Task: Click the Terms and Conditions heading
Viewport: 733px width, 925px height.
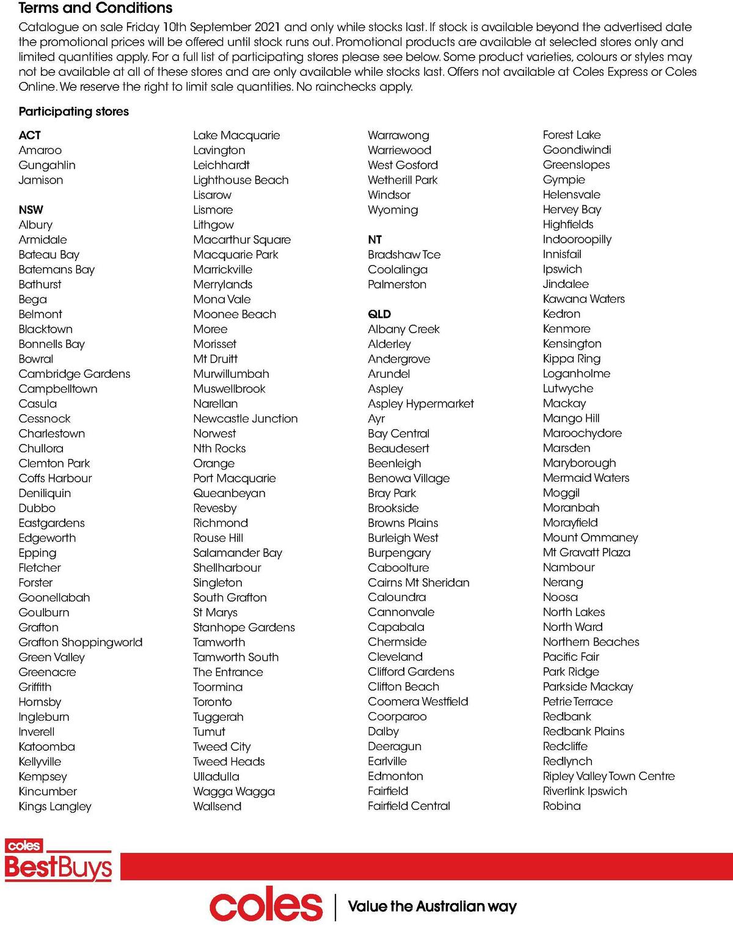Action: click(95, 8)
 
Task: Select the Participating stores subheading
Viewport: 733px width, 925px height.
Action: click(74, 111)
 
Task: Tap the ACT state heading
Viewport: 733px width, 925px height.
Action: click(30, 135)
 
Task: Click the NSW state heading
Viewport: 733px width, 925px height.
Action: click(31, 210)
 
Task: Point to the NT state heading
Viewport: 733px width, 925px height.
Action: click(375, 240)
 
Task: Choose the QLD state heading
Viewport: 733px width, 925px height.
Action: click(379, 314)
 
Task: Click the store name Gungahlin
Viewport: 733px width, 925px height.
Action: click(47, 165)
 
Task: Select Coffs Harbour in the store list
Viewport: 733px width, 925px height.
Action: click(56, 478)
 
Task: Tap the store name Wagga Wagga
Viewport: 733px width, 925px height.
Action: click(234, 791)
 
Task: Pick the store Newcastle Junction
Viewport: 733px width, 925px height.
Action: click(246, 419)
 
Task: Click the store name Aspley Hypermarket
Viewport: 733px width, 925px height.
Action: click(421, 404)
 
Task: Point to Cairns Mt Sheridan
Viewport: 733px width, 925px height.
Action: click(418, 583)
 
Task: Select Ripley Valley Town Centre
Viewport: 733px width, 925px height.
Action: click(609, 776)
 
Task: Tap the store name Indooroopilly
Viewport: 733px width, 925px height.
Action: click(577, 239)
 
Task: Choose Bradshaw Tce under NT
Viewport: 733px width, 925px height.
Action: click(404, 254)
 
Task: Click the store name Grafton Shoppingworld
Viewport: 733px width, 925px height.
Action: click(81, 642)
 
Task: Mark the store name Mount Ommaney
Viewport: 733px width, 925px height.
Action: click(590, 537)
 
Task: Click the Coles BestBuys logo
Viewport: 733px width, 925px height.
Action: click(59, 860)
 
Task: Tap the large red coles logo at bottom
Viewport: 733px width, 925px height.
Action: click(266, 906)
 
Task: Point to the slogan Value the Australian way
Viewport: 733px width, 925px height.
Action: click(432, 906)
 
